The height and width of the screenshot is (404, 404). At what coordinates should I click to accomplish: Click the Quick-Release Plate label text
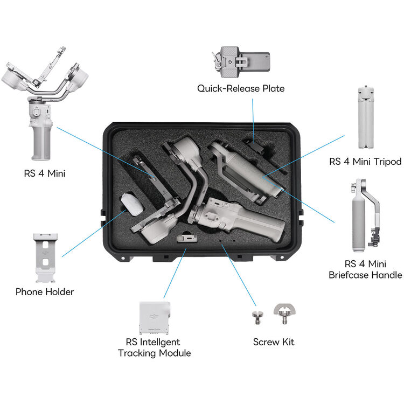point(240,88)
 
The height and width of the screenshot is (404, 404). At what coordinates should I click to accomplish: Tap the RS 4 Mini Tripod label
point(365,162)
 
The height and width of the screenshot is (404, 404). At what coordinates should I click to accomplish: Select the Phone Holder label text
point(44,292)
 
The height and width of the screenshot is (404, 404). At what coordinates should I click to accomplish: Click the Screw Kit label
point(274,342)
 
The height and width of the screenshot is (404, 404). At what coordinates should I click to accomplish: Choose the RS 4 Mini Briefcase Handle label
point(365,269)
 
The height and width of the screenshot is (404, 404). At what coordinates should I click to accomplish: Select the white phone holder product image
point(45,257)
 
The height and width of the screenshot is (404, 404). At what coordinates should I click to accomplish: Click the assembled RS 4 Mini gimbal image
point(43,102)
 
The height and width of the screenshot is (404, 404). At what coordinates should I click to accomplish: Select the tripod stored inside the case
point(242,172)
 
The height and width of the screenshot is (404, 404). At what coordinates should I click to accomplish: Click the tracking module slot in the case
point(185,238)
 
